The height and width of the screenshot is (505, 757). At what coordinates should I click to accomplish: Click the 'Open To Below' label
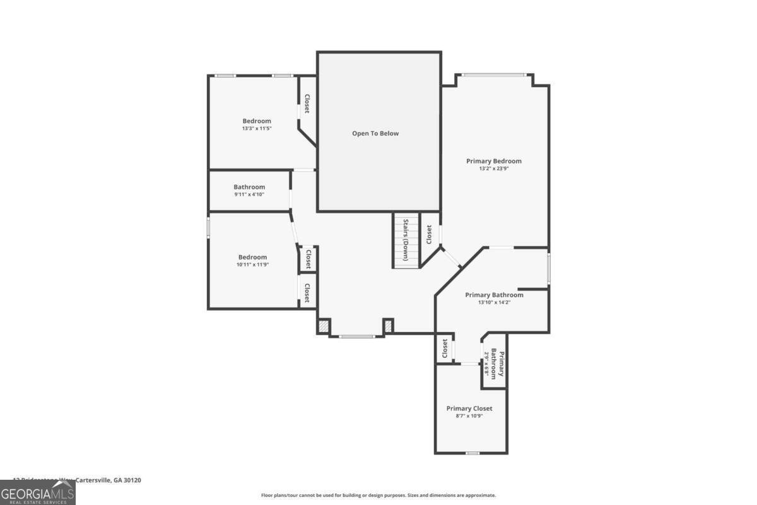pos(375,133)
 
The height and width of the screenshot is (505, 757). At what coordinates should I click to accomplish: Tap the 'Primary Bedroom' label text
pos(494,161)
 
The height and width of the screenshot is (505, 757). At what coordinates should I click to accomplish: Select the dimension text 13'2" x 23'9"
pos(494,169)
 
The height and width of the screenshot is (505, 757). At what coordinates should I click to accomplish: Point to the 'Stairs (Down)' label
pos(407,240)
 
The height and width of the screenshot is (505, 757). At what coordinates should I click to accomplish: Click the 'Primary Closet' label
pos(469,408)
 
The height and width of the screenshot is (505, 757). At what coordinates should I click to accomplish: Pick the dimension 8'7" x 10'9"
pos(469,416)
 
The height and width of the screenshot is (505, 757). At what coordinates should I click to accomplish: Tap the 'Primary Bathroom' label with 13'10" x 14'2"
pos(494,295)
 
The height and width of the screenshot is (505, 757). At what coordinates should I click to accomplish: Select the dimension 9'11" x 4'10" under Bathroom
pos(249,194)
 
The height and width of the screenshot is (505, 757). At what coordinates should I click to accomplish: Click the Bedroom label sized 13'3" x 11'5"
pos(257,121)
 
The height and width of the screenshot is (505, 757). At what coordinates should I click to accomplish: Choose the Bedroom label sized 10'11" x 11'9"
pos(252,257)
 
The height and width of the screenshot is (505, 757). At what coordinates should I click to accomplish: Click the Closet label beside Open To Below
pos(307,104)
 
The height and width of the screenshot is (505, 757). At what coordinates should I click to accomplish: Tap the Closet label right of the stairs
pos(429,235)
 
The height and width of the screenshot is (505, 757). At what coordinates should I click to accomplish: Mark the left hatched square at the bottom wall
pos(323,327)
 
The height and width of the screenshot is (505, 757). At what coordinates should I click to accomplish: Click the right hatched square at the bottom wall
pos(389,326)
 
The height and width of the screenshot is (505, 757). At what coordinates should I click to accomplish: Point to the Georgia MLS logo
pos(38,492)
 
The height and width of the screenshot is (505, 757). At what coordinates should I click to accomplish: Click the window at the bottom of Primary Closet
pos(472,453)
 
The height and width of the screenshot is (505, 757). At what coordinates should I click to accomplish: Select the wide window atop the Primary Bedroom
pos(493,75)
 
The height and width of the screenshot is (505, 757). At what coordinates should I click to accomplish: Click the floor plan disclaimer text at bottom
pos(378,496)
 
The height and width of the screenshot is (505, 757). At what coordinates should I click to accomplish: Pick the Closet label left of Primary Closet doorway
pos(445,348)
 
